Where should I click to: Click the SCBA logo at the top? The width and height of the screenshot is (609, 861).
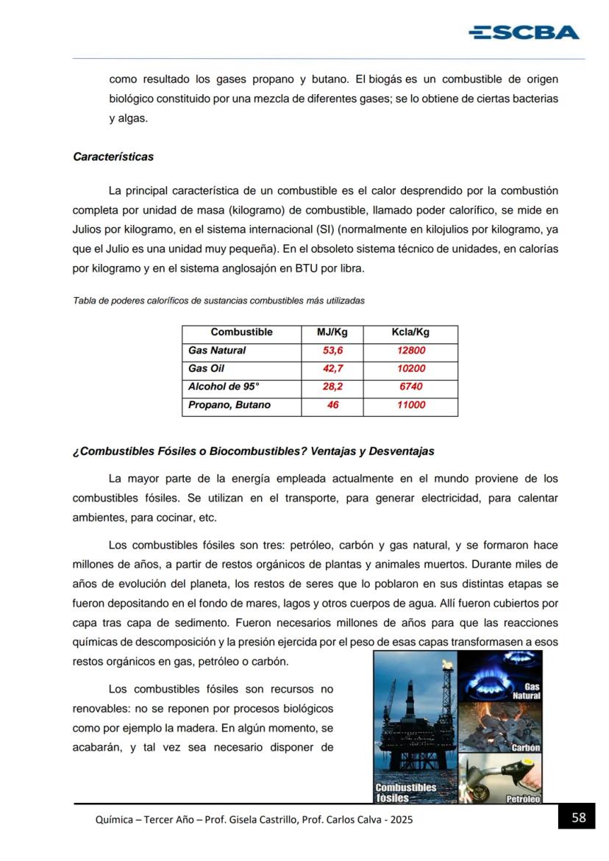(524, 32)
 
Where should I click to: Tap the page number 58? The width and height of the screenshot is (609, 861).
(579, 817)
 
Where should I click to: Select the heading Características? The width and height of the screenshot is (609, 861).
(113, 157)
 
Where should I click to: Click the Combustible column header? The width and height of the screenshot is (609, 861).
(241, 332)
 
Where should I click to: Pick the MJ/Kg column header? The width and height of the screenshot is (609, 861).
(332, 332)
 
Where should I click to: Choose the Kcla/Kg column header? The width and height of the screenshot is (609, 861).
(410, 332)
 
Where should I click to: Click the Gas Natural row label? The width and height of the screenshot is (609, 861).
(217, 351)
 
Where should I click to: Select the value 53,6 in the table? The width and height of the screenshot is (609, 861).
(332, 351)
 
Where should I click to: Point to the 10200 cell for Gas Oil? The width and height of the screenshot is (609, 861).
(410, 368)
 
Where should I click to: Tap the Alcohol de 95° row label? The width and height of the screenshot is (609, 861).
(224, 387)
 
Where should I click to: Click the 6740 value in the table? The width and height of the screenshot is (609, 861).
(410, 387)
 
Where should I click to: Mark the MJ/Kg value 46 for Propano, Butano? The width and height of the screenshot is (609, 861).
(332, 405)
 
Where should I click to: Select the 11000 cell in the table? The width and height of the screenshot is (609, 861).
(410, 405)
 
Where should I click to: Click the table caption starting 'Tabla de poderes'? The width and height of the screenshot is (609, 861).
(218, 301)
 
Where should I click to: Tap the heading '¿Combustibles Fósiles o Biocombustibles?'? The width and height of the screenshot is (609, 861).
(253, 451)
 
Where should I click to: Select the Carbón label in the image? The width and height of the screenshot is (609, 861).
(526, 748)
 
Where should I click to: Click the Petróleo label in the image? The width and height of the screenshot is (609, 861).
(523, 799)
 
